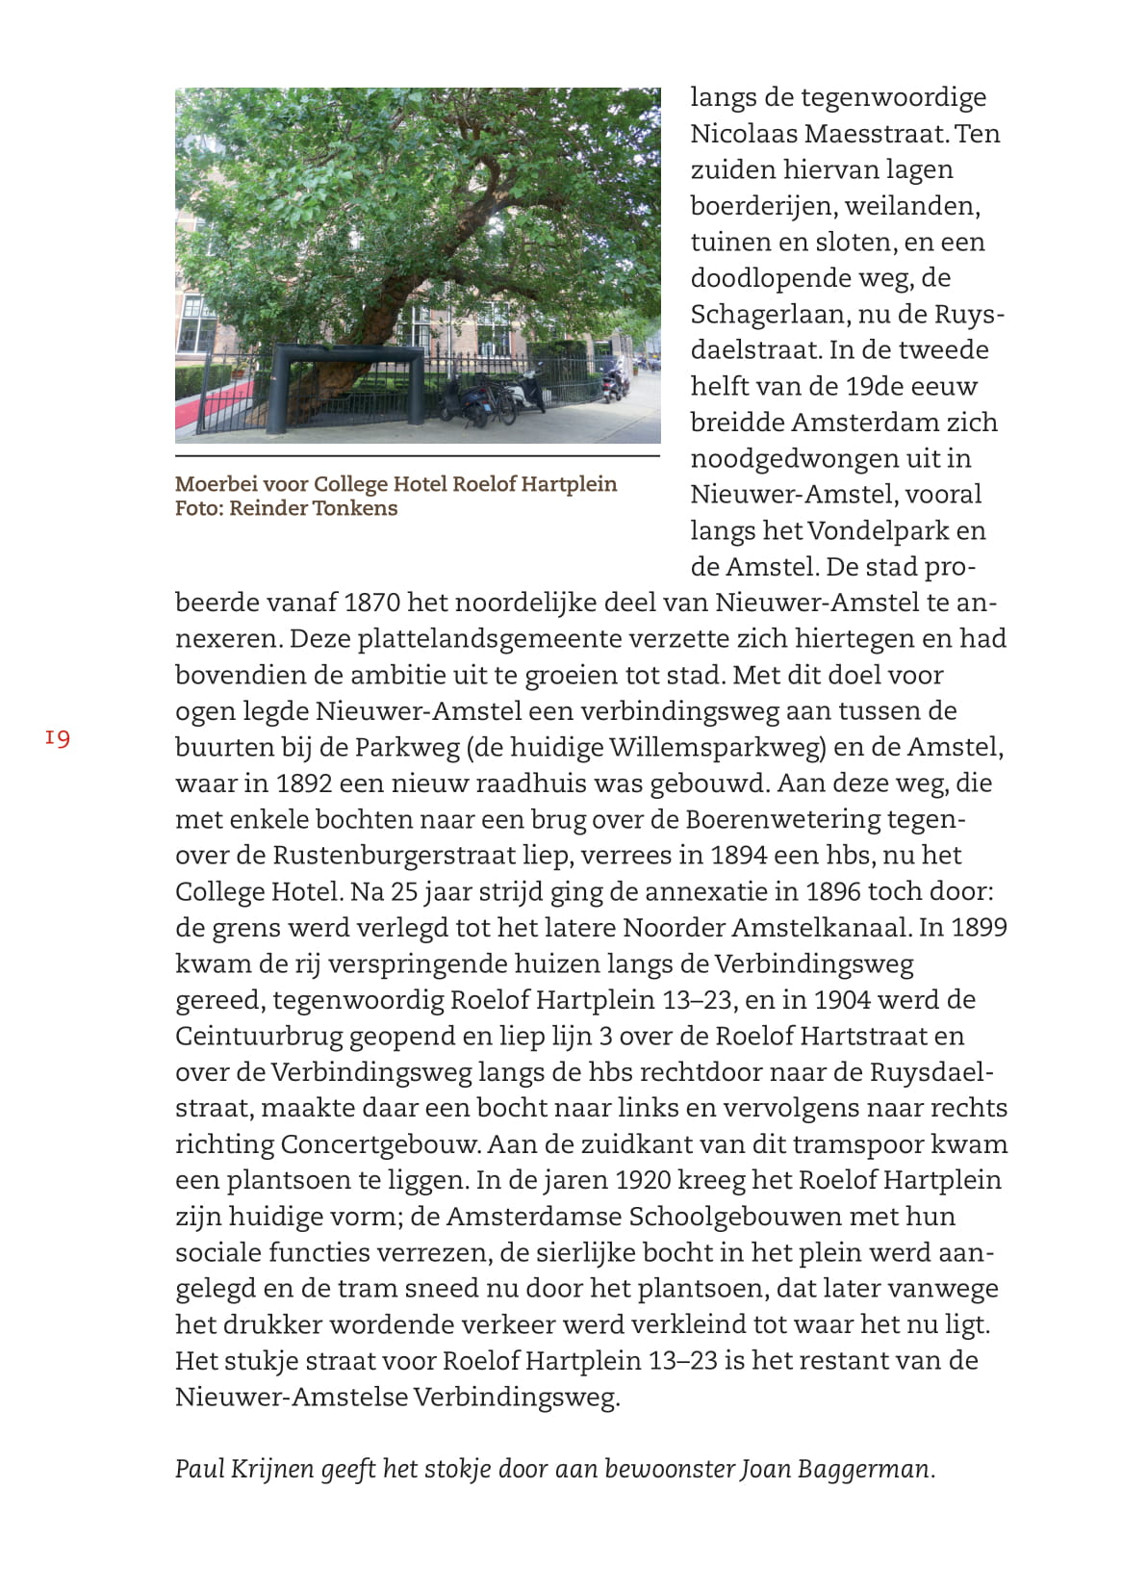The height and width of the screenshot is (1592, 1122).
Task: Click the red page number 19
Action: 58,738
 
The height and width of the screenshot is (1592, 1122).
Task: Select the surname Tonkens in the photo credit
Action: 358,508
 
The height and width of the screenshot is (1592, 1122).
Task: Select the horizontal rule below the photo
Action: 417,456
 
